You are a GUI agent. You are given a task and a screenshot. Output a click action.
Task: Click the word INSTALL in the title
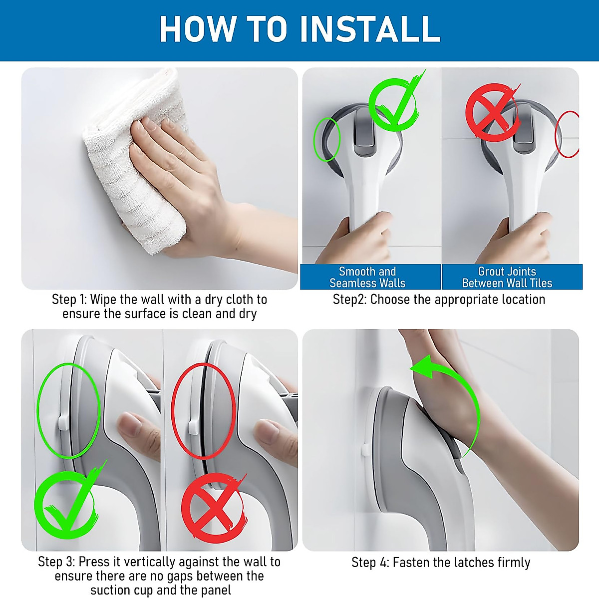[x=370, y=28]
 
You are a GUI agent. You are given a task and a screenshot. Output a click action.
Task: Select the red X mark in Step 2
[x=492, y=112]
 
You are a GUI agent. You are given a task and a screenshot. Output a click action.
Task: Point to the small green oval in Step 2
[x=314, y=140]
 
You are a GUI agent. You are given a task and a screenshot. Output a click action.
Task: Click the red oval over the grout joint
[x=557, y=134]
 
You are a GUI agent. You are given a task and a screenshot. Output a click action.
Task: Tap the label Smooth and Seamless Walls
[x=367, y=277]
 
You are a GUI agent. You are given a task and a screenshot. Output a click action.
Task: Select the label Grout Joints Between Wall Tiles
[x=507, y=277]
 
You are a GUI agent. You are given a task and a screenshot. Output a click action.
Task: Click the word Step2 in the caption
[x=350, y=300]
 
